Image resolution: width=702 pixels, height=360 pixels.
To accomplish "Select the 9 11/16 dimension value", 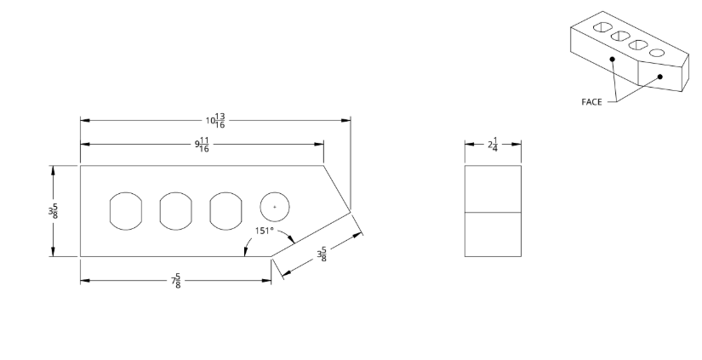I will [202, 146].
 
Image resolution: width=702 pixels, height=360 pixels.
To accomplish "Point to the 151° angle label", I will [264, 231].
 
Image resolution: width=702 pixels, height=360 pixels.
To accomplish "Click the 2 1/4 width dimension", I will [493, 146].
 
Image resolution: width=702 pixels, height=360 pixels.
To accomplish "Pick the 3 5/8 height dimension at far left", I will [54, 211].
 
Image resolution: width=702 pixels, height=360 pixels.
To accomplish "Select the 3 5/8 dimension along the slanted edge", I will [322, 254].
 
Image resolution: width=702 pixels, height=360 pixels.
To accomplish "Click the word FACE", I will [591, 101].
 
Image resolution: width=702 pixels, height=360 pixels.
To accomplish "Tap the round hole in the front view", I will [274, 207].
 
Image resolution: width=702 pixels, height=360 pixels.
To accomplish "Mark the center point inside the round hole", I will [274, 207].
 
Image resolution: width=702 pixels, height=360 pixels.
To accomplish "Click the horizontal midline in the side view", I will [493, 211].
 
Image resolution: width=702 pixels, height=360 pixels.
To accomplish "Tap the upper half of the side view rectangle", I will [493, 188].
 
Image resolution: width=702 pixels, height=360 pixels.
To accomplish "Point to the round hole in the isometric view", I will [657, 54].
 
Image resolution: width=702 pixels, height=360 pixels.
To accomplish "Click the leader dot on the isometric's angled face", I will [659, 77].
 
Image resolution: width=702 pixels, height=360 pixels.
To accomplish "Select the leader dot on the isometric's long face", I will [612, 59].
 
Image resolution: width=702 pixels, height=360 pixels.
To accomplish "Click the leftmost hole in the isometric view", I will [602, 28].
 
